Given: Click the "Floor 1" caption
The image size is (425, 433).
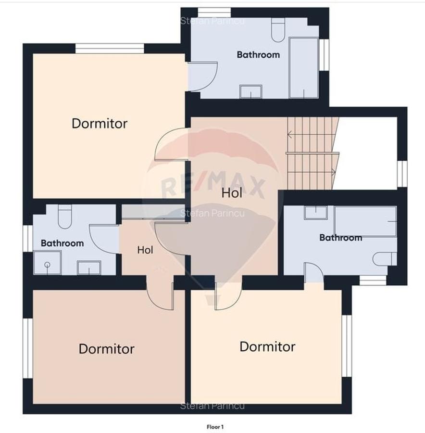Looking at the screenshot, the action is coord(215,427).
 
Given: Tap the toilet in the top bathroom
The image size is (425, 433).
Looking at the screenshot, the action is coord(278,30).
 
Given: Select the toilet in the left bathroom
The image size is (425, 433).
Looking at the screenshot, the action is coord(65,216).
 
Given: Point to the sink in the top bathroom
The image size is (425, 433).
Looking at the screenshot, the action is coord(250,91).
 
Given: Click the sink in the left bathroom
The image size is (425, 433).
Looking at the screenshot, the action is coord(89,267).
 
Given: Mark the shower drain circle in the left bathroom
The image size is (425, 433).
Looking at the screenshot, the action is coord(48,265).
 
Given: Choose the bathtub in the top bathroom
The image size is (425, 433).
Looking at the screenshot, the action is coord(304,68).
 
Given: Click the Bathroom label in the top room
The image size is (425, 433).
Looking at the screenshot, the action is coord(258,55).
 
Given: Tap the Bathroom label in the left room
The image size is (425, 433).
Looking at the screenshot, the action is coord(62,243).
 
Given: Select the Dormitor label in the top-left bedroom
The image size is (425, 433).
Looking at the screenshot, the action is coord(100,124).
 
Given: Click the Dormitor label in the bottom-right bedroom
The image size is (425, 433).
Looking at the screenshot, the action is coord(267,346).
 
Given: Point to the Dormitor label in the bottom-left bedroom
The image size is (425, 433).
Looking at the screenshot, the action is coord(107,349).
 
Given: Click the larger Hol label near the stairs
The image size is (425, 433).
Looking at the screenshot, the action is coord(232,193).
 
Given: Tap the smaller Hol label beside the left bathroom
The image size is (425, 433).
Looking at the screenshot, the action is coord(145,250).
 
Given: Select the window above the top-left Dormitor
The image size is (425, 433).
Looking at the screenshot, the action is coord(110,48).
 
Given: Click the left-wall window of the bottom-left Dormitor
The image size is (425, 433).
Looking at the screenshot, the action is coord(27,348).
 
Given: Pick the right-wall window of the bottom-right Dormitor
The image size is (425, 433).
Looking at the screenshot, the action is coord(347,346).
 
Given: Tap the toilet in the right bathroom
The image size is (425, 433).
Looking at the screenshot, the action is coord(385,259).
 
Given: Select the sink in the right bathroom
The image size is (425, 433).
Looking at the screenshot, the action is coord(316,213).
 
